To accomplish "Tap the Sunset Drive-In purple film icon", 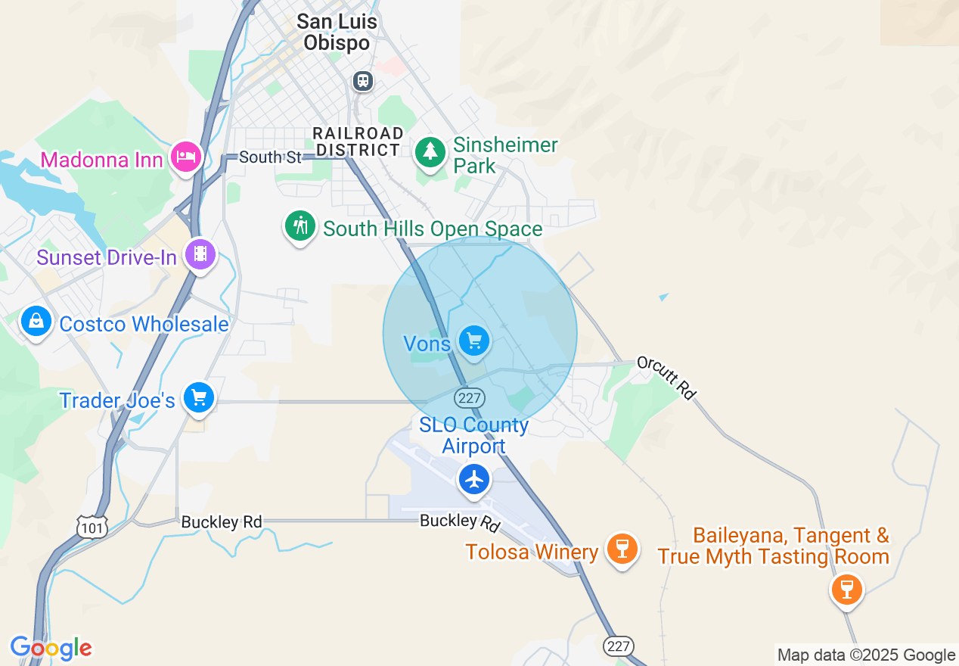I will (x=200, y=254).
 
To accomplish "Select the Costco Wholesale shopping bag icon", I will (x=36, y=322).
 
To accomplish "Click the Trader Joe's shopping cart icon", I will (x=199, y=397).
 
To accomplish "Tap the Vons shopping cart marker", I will (x=474, y=341).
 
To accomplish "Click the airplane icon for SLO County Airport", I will (x=474, y=479).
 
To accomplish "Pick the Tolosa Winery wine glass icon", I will (x=622, y=548).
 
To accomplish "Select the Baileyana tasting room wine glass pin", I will (x=846, y=588).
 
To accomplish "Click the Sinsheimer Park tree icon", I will (x=430, y=152).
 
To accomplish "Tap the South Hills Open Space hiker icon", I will (x=300, y=226).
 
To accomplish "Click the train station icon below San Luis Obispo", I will (x=363, y=80).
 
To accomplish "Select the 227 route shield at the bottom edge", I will (x=618, y=646).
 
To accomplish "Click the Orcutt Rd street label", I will (x=666, y=377).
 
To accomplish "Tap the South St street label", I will (x=259, y=157).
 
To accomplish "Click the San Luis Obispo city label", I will (x=337, y=32).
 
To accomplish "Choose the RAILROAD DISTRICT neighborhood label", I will (x=358, y=142).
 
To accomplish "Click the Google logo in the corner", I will (x=51, y=648).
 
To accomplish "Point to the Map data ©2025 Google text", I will (x=866, y=655).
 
